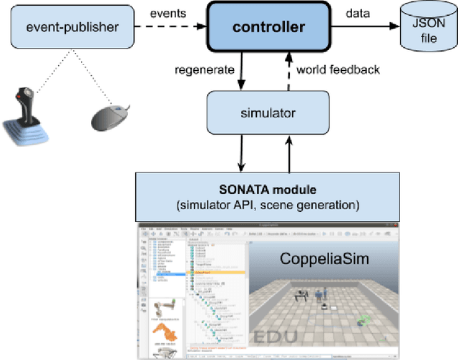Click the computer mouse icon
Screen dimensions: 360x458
tap(110, 117)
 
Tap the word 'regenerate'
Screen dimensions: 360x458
tap(205, 69)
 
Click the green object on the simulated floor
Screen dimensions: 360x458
tap(365, 320)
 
